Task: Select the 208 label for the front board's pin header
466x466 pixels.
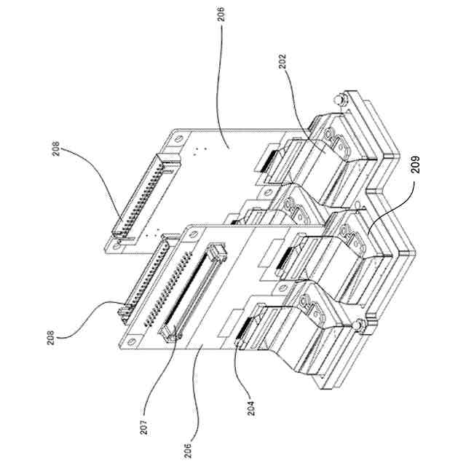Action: pyautogui.click(x=49, y=339)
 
